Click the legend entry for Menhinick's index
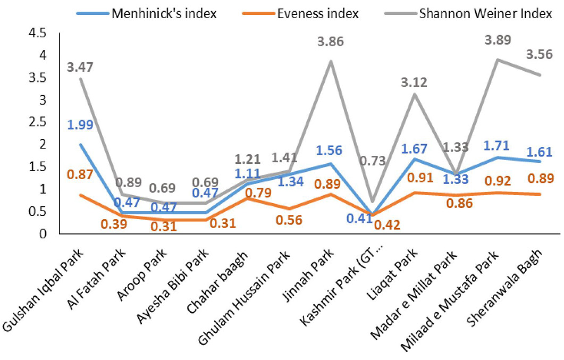(146, 13)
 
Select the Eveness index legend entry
(300, 13)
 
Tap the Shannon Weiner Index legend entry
(468, 13)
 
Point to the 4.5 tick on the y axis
(37, 34)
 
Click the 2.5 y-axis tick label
(37, 122)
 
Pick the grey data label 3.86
(330, 41)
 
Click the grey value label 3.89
(498, 40)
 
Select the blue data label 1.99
(80, 125)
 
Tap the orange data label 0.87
(80, 175)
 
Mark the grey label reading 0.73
(373, 161)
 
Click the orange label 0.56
(289, 220)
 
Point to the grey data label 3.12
(414, 83)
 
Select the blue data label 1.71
(496, 146)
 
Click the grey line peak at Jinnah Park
(331, 61)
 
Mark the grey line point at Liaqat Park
(415, 94)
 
